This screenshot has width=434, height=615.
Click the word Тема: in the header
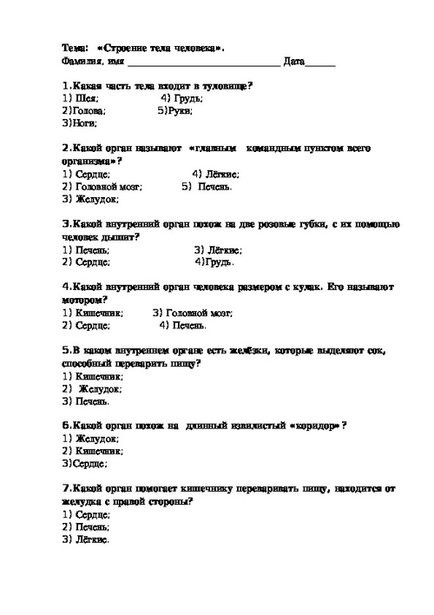coord(75,48)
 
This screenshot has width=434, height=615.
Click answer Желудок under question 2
coord(95,199)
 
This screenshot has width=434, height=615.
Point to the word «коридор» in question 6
coord(310,426)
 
